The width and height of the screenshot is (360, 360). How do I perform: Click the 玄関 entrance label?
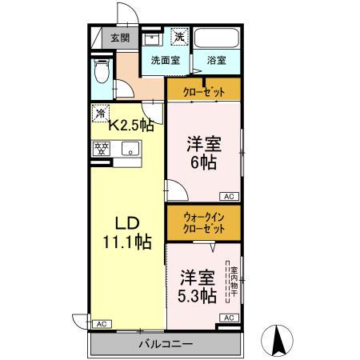(x=120, y=37)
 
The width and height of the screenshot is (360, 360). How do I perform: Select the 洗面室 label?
(x=165, y=60)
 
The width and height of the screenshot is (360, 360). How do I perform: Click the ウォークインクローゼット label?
(x=203, y=222)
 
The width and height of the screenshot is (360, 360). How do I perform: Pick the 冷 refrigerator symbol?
(x=100, y=113)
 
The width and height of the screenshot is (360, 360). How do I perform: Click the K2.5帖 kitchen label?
(x=131, y=124)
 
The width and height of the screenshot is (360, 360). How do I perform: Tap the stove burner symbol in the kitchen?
(x=102, y=149)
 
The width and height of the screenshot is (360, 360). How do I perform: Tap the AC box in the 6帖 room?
(x=228, y=196)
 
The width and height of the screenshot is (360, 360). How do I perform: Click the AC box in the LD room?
(x=101, y=324)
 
